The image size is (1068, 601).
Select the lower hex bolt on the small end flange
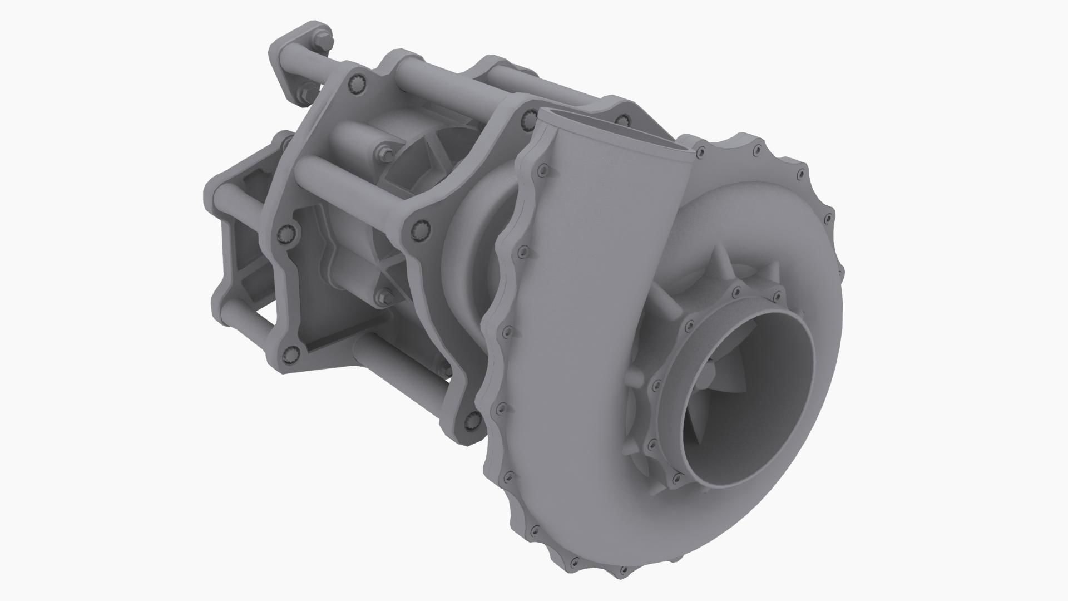click(x=304, y=93)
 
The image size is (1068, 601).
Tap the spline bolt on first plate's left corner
click(x=288, y=233)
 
